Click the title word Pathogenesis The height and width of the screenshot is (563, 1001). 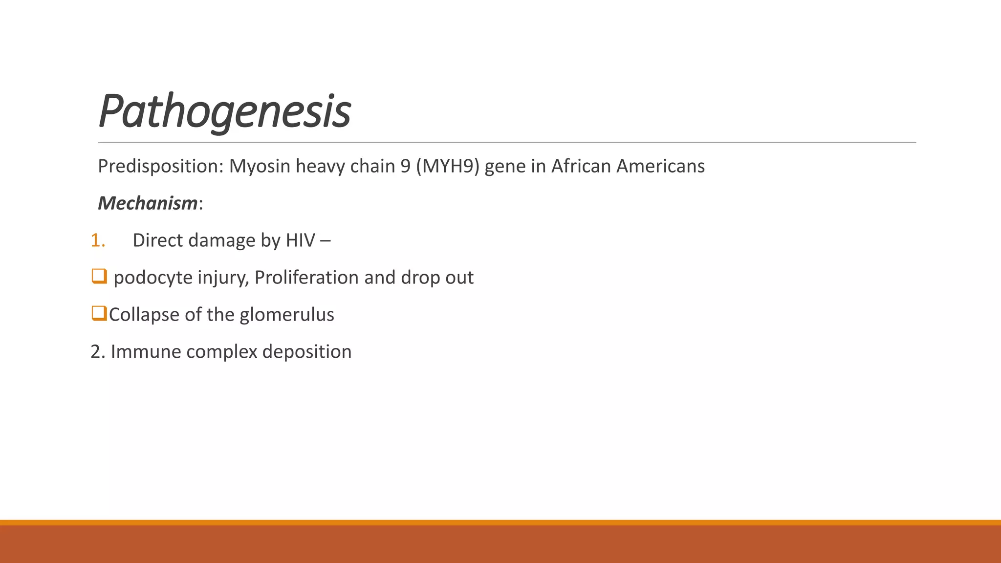224,111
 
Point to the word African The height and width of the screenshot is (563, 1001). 581,167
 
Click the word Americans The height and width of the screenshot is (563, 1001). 660,167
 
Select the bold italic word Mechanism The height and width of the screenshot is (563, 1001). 148,203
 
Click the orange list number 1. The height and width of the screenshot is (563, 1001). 97,240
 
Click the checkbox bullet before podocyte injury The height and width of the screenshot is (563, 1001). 99,276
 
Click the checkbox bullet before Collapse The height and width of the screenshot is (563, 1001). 99,313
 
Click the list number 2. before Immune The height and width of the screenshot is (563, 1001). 98,352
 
